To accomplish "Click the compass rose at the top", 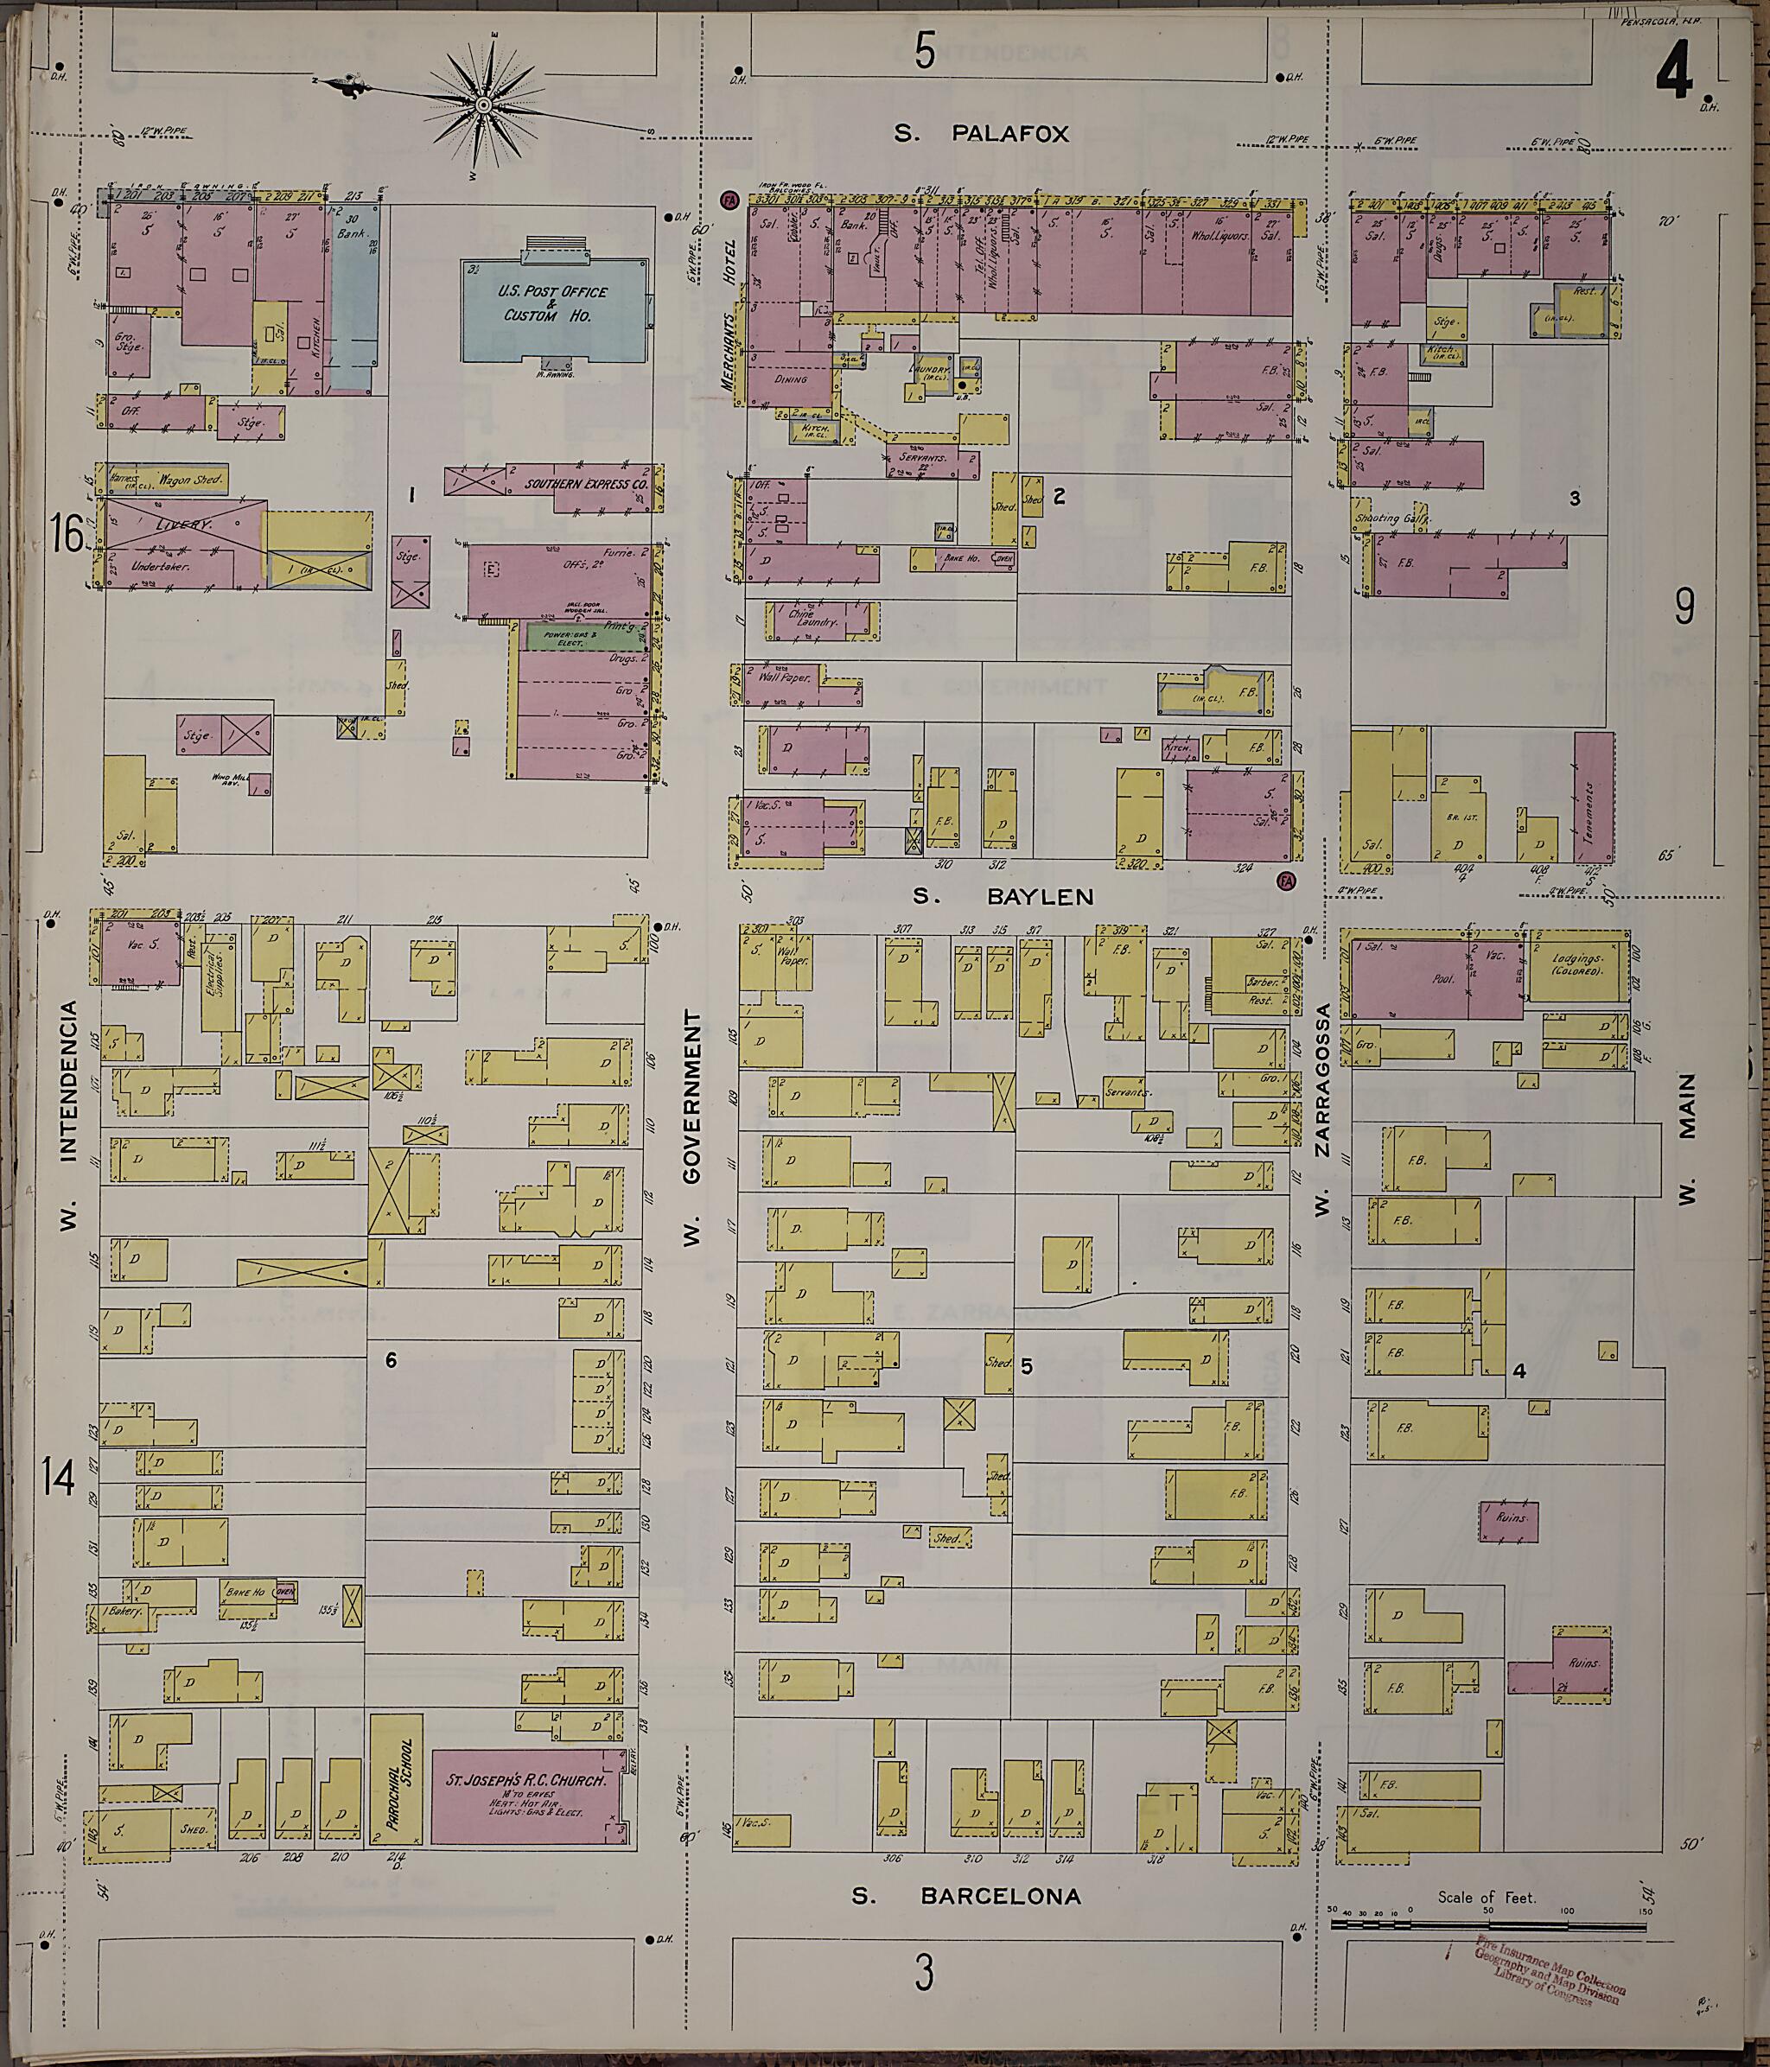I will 483,104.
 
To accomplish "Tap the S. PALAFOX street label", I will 981,134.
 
